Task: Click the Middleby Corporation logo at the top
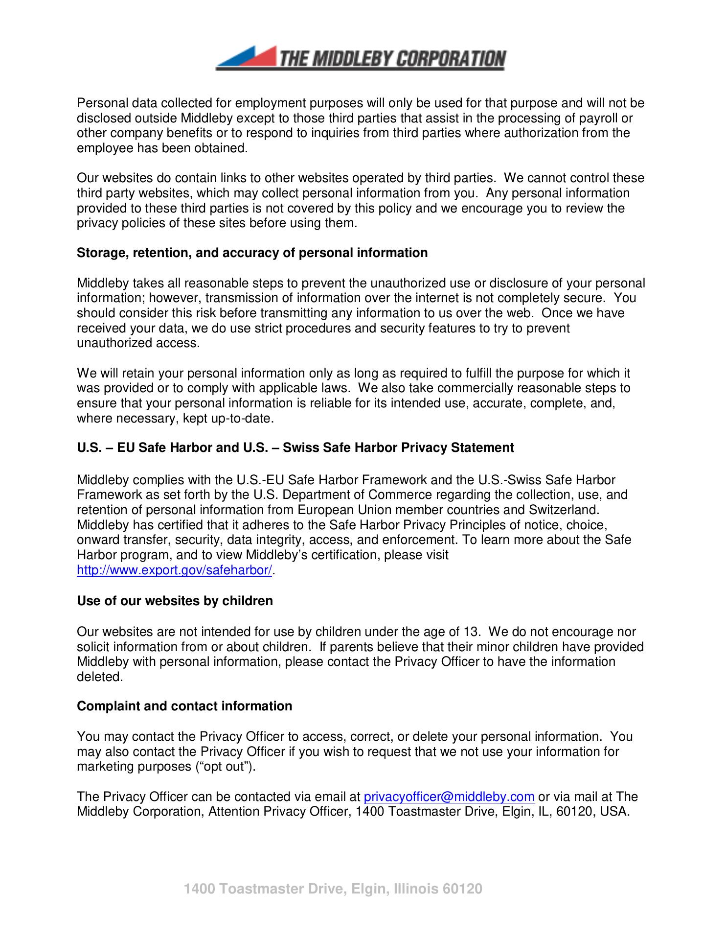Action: [361, 58]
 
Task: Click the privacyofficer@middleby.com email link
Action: [449, 797]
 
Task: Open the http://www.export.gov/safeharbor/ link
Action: [174, 570]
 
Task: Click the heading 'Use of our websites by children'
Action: [175, 601]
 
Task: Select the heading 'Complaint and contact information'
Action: [184, 706]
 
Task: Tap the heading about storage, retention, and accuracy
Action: [252, 253]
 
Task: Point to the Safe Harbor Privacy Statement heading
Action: [295, 447]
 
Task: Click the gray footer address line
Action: [333, 889]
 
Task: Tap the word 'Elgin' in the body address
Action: [511, 811]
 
